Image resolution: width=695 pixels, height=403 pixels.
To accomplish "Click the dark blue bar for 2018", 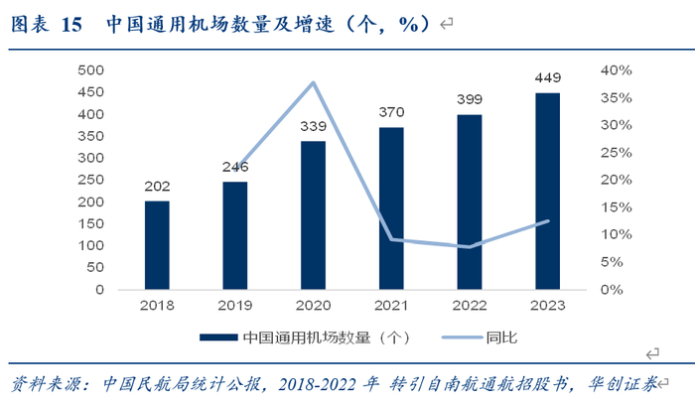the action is (x=157, y=245).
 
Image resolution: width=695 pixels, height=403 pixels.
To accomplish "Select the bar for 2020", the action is (x=313, y=215).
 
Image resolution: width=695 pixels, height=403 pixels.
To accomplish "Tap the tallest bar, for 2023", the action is (x=547, y=192).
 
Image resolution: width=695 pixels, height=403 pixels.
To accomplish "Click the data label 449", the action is (x=548, y=78).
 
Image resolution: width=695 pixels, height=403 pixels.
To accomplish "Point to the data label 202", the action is (x=157, y=187).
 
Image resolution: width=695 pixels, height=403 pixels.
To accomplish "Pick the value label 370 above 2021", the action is (x=391, y=112).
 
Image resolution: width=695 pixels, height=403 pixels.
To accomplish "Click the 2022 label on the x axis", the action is (x=470, y=305).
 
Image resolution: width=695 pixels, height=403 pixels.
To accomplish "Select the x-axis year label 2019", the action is (x=235, y=305).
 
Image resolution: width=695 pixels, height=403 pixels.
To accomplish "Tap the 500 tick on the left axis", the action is (x=91, y=70).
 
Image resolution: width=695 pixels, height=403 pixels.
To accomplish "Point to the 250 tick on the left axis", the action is (x=91, y=180).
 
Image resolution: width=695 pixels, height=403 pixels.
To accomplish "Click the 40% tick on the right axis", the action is (x=617, y=70).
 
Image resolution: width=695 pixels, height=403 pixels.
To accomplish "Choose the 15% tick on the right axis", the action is (x=617, y=207).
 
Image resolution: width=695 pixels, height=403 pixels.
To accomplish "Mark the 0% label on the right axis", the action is (x=612, y=290).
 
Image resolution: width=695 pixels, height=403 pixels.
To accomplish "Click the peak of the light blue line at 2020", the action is (x=314, y=82).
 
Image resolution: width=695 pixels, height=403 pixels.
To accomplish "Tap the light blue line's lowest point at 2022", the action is (x=470, y=246).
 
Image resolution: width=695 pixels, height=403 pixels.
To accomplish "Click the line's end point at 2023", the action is (x=548, y=220).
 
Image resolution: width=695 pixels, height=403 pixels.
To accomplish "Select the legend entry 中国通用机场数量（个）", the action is (x=306, y=337).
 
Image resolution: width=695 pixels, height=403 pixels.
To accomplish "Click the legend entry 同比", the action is (x=480, y=337).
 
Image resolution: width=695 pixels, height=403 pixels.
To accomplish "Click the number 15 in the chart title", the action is (x=71, y=25).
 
